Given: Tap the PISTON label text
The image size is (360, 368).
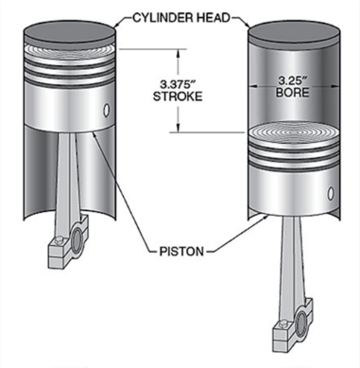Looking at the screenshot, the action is tap(181, 252).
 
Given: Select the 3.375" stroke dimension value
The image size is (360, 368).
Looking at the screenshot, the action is tap(176, 84).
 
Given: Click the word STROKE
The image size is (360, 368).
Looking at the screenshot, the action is tap(178, 96).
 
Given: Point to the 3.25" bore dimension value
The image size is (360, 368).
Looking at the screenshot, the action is tap(292, 80).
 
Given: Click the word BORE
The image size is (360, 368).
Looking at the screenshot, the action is tap(292, 93).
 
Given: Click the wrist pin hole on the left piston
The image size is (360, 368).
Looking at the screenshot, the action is tap(107, 111).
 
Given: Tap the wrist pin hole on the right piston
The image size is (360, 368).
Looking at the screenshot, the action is tap(331, 193).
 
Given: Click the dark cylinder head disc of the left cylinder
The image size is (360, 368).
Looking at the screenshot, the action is tap(70, 33).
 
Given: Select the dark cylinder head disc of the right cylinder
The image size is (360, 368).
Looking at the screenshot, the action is tap(294, 34).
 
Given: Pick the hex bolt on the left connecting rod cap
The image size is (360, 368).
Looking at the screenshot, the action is tap(59, 241).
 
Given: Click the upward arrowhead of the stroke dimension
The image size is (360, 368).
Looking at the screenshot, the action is tap(179, 53).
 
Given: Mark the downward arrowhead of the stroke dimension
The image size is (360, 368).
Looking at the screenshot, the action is tap(179, 127).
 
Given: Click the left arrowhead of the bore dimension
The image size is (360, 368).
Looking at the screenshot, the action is tap(254, 86).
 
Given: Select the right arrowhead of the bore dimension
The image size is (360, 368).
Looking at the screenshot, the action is tap(334, 86).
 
